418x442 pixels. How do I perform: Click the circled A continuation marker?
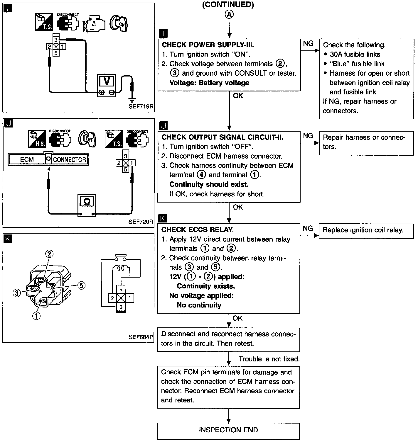(x=229, y=15)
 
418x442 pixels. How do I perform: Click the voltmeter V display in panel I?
(x=107, y=81)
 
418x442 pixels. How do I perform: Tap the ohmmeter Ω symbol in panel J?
(x=87, y=202)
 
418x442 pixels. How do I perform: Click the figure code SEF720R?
(x=141, y=222)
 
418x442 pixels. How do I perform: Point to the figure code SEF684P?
(x=141, y=337)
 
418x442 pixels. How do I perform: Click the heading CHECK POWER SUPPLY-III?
(x=208, y=45)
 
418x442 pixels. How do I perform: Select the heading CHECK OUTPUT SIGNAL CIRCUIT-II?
(x=223, y=137)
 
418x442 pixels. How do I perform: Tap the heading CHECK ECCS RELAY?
(x=197, y=229)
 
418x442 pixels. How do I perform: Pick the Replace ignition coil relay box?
(x=366, y=231)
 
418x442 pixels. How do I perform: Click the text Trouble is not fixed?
(x=269, y=359)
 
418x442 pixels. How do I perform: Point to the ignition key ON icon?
(x=118, y=23)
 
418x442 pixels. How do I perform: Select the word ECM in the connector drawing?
(x=27, y=159)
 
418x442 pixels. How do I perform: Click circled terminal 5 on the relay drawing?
(x=81, y=285)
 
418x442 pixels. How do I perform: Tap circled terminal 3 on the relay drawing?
(x=17, y=293)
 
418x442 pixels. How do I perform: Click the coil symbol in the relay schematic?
(x=121, y=268)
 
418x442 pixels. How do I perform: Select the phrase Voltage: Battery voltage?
(x=209, y=83)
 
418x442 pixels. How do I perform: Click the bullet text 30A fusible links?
(x=355, y=54)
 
